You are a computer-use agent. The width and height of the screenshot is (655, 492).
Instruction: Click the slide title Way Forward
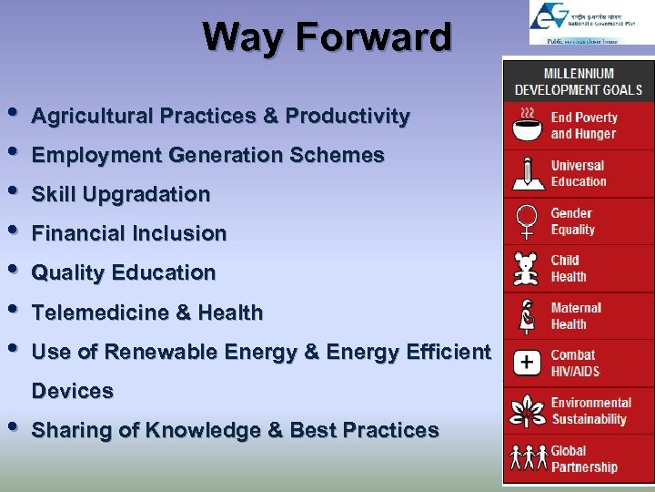[x=327, y=38]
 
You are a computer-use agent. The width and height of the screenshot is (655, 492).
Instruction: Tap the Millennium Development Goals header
[x=578, y=81]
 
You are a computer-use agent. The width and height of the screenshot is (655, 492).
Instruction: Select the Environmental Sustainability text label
[x=590, y=411]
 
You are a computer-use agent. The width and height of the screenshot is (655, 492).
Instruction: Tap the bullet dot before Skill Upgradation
[x=12, y=192]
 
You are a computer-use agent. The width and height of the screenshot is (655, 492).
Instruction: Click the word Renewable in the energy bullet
[x=156, y=352]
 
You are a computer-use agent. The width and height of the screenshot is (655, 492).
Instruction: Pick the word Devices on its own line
[x=73, y=391]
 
